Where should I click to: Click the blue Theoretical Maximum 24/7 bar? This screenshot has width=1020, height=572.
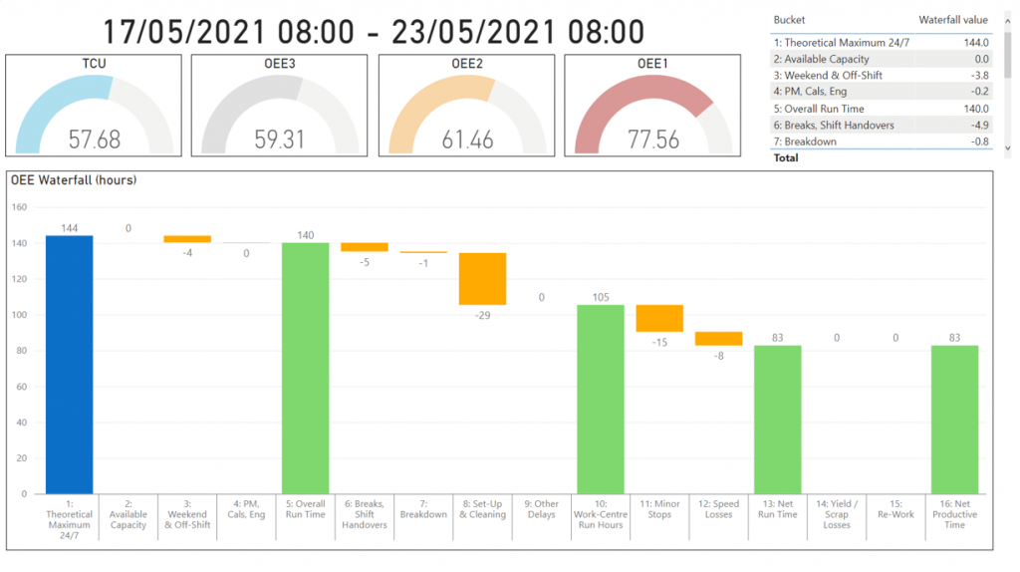click(x=69, y=364)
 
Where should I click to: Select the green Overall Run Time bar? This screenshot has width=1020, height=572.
click(x=306, y=368)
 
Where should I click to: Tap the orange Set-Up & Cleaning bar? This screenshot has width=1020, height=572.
click(x=482, y=279)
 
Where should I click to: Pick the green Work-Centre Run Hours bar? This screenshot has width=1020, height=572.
click(x=601, y=399)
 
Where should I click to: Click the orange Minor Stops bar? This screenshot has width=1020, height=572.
click(x=659, y=318)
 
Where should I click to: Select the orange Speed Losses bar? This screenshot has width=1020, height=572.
click(x=718, y=338)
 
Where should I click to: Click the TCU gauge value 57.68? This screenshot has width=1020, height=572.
click(x=95, y=139)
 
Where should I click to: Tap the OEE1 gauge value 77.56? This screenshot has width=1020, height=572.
click(x=653, y=139)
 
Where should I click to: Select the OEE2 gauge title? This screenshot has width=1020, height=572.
click(x=467, y=63)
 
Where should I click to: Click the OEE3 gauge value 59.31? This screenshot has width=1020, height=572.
click(x=280, y=139)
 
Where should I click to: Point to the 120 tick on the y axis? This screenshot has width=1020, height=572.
click(x=19, y=279)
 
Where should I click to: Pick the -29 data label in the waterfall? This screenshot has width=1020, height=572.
click(x=482, y=315)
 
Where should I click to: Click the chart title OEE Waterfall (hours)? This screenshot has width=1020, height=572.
click(x=74, y=180)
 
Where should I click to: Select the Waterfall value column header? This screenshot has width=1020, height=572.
click(x=952, y=19)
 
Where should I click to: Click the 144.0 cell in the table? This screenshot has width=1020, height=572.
click(x=975, y=43)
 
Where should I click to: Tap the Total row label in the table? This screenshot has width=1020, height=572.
click(x=786, y=157)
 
